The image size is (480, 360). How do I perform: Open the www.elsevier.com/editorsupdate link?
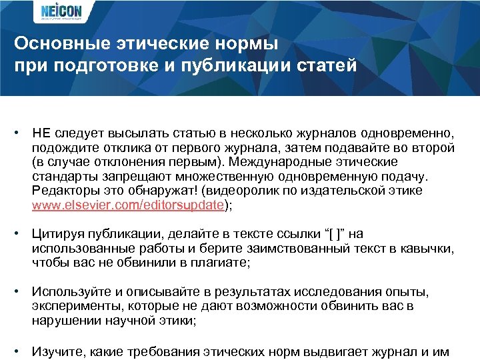127,205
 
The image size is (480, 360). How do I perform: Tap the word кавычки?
427,249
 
